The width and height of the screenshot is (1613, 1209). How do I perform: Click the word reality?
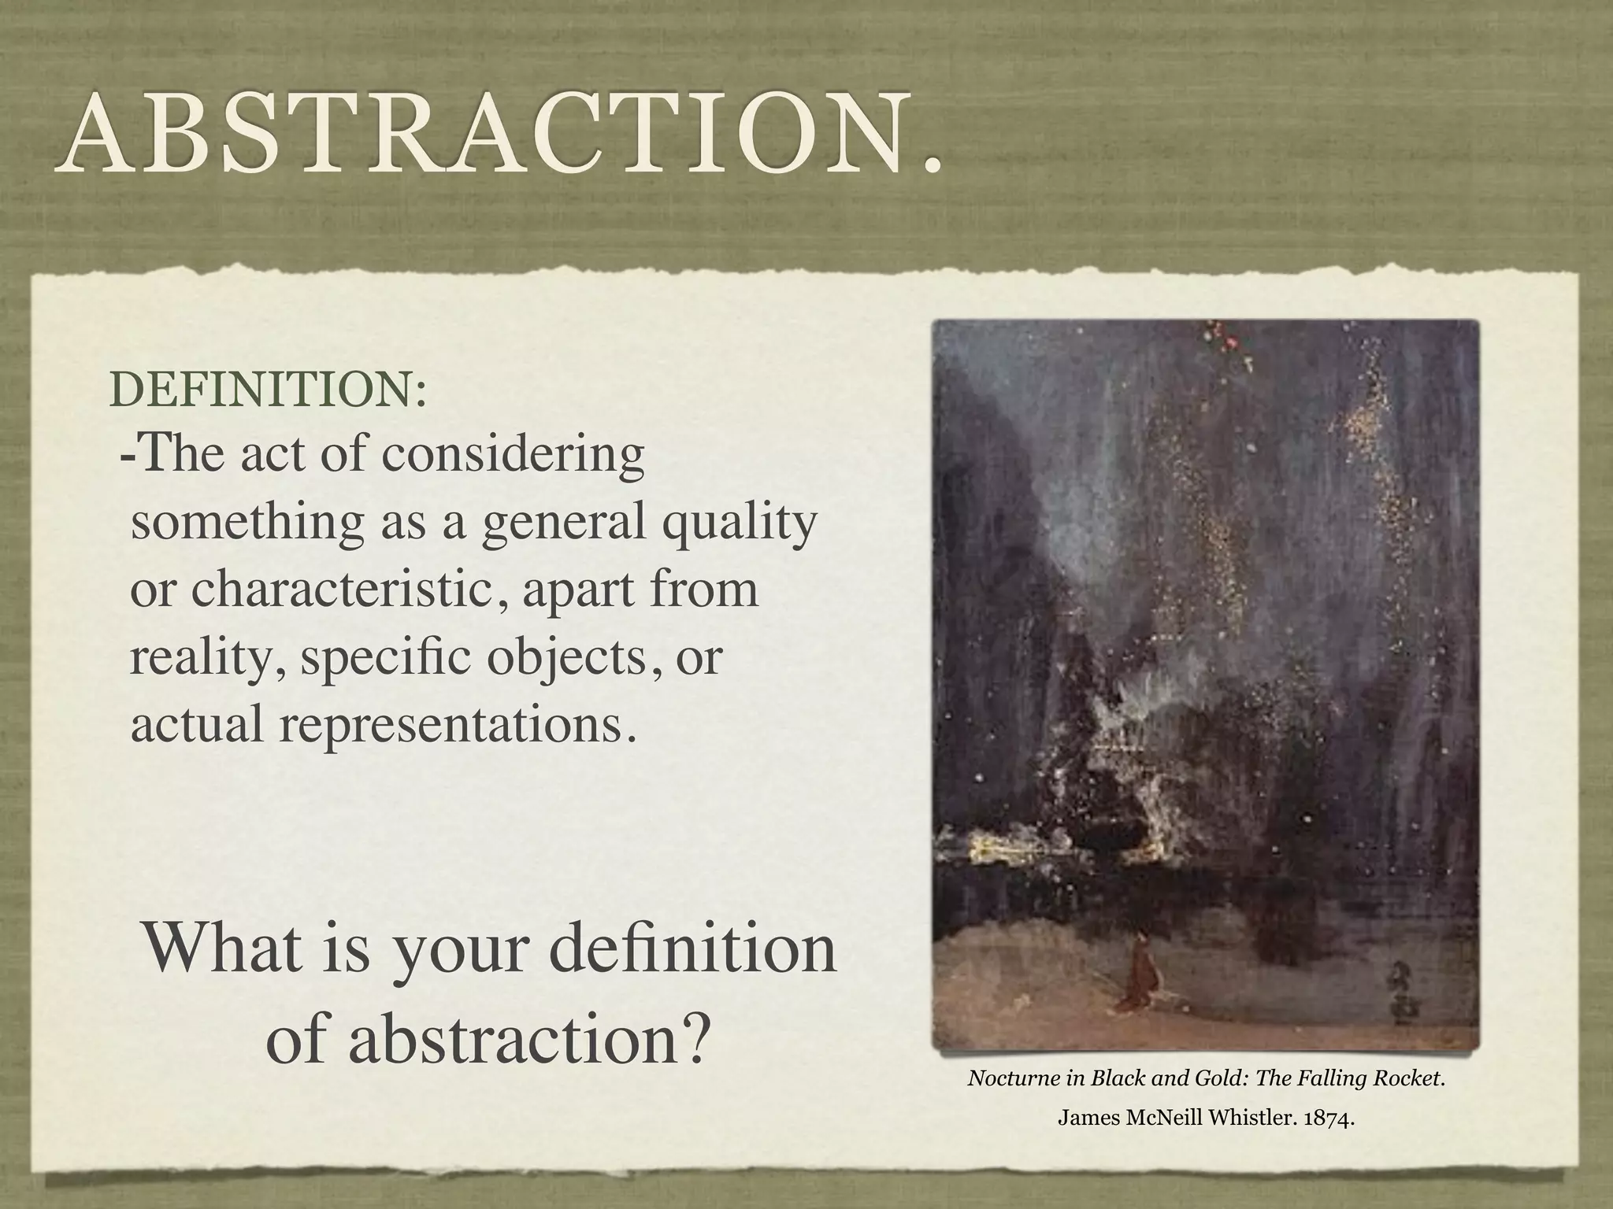206,657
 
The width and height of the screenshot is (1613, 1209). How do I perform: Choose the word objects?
565,657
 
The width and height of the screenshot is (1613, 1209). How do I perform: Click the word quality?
738,523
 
